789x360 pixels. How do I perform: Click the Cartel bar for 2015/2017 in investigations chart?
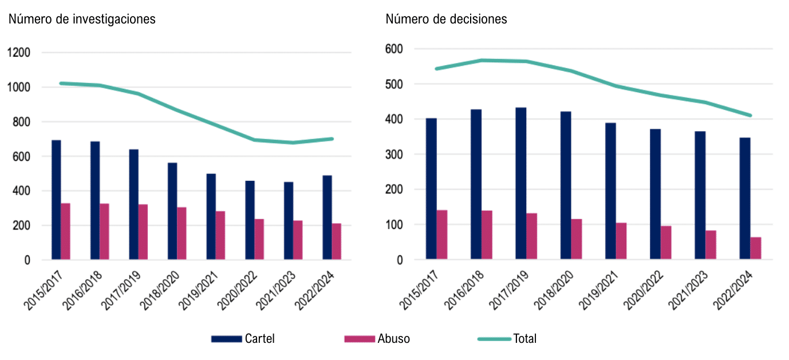(x=56, y=200)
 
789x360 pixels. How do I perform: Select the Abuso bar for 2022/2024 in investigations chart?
(x=337, y=242)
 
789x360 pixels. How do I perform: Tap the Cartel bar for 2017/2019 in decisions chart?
(x=521, y=184)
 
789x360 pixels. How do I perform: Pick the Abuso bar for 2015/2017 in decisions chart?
(x=442, y=235)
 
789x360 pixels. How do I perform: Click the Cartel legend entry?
(x=243, y=339)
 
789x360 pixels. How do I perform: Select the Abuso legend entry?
(x=377, y=339)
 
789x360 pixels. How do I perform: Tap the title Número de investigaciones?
(x=82, y=19)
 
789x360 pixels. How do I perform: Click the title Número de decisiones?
(x=446, y=19)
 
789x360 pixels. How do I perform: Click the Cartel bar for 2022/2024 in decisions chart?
(x=745, y=199)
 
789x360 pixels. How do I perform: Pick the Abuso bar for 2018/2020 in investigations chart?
(x=182, y=234)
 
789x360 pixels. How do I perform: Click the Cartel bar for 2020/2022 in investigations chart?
(x=250, y=220)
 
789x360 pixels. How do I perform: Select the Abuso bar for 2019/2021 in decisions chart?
(x=621, y=241)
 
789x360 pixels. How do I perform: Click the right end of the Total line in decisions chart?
(x=749, y=116)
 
